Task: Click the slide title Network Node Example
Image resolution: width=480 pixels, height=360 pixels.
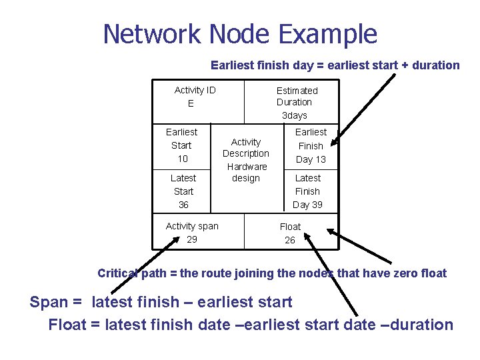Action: [x=240, y=33]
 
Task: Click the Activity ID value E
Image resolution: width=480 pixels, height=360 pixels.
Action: [x=191, y=103]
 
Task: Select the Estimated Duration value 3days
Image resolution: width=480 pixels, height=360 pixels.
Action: [x=294, y=115]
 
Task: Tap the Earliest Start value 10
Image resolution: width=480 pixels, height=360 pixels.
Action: [x=182, y=159]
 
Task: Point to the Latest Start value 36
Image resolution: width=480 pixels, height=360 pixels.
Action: [x=183, y=205]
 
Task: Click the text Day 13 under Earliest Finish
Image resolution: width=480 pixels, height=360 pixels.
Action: [x=311, y=159]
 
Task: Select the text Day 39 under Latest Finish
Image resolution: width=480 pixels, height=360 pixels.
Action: [x=307, y=205]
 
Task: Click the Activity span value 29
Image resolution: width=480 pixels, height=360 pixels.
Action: [x=192, y=239]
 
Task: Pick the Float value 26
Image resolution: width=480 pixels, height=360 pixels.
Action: [x=290, y=240]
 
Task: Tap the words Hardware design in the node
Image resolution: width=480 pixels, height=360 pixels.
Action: [x=246, y=172]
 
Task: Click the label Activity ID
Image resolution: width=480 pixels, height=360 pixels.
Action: [x=195, y=90]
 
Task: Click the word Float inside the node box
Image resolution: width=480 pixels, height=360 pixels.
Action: [x=290, y=227]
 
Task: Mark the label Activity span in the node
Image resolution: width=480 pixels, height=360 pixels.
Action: [x=192, y=226]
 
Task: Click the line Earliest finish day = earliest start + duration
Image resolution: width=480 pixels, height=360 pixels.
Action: [x=335, y=65]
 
